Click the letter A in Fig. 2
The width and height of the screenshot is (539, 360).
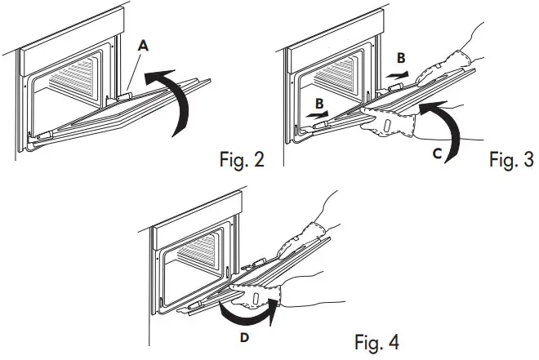pyautogui.click(x=143, y=48)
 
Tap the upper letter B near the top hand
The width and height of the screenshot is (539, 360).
pyautogui.click(x=401, y=59)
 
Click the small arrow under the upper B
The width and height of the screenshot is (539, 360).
pyautogui.click(x=397, y=73)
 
